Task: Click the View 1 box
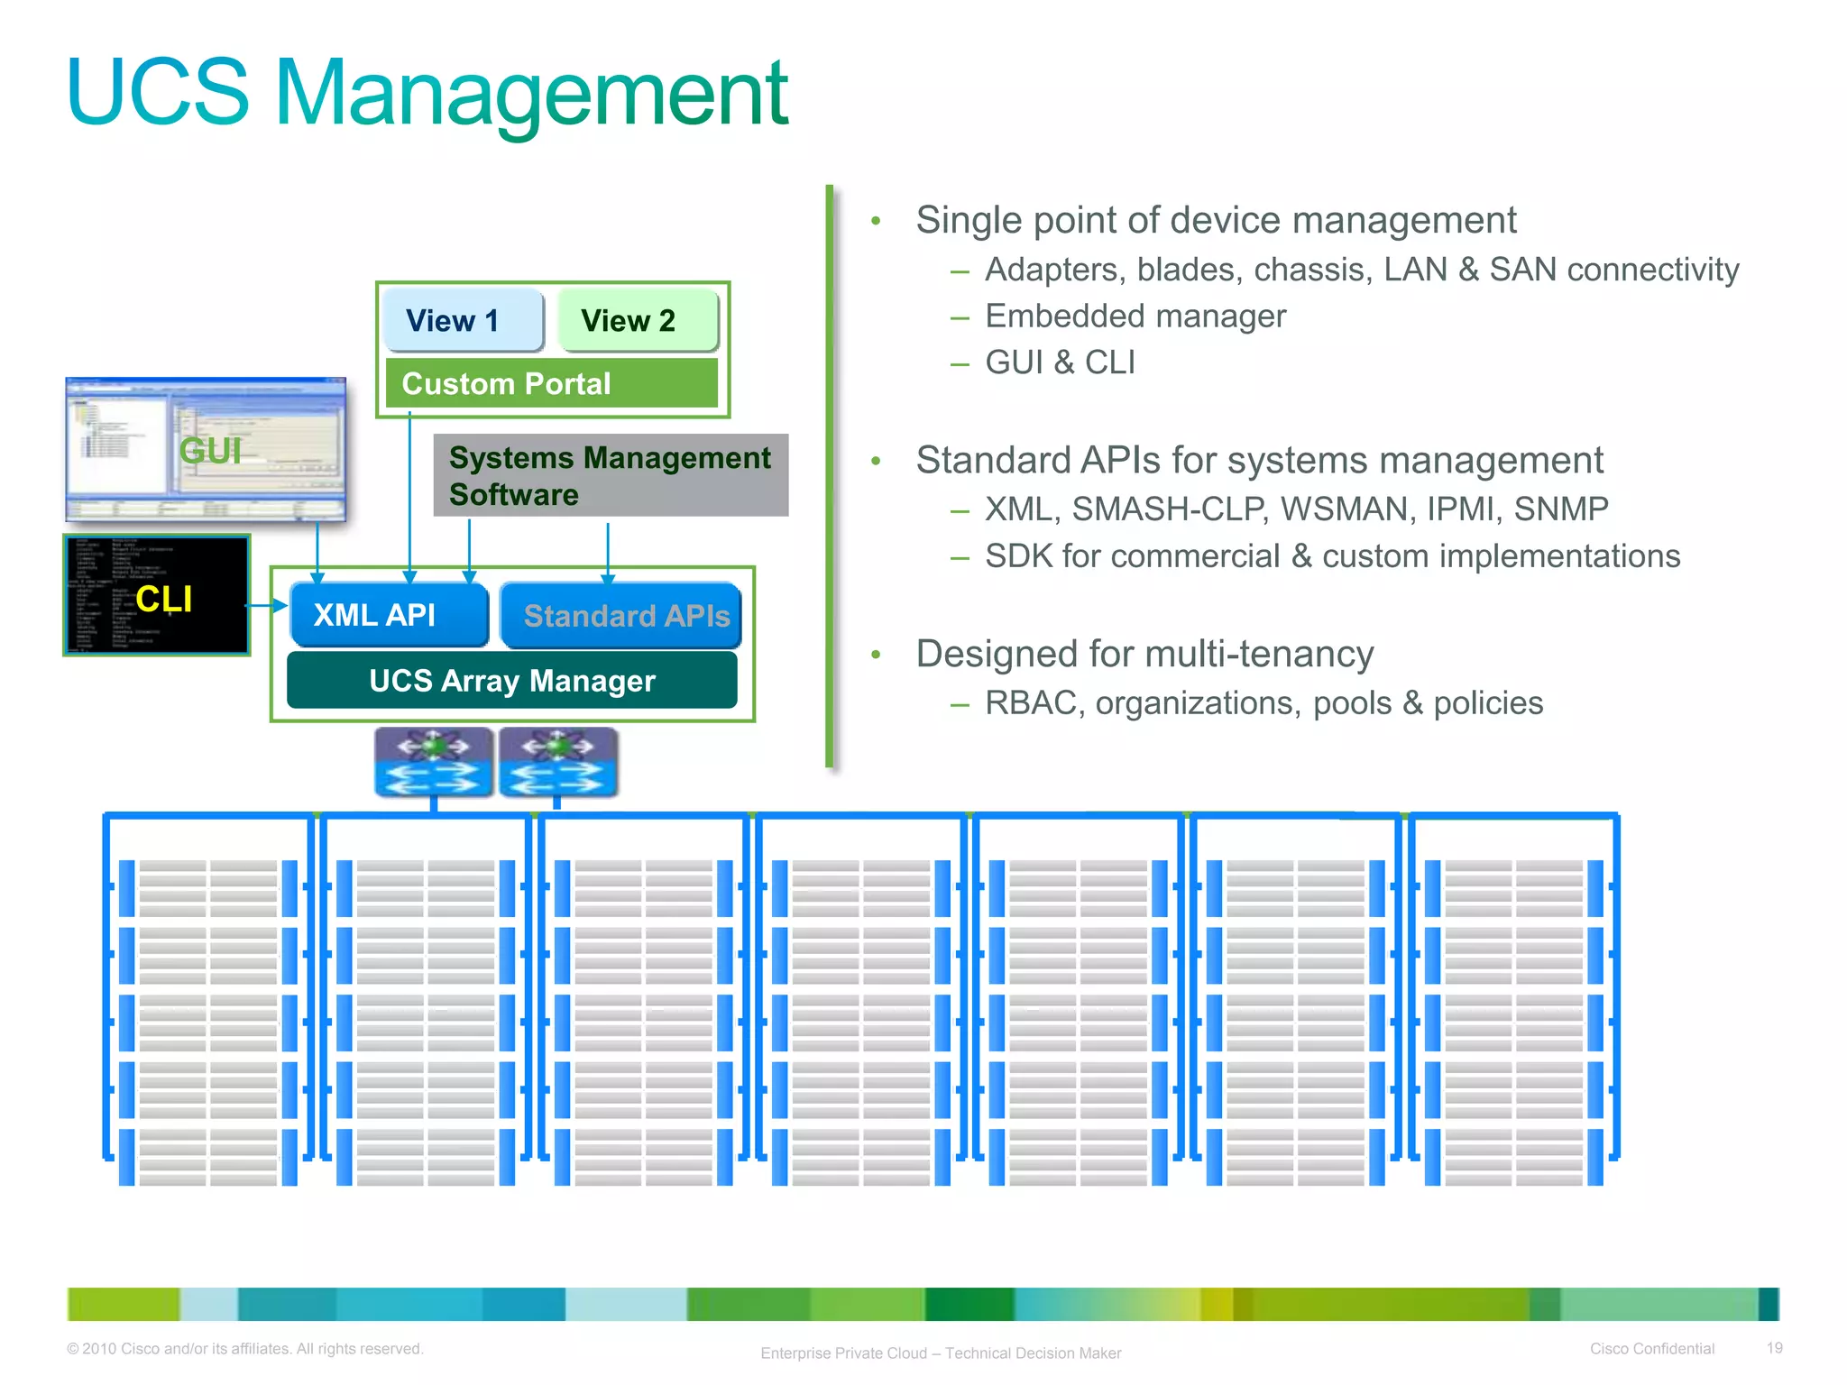(x=463, y=320)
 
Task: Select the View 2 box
(x=637, y=320)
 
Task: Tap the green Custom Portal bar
(x=551, y=383)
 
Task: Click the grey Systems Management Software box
(x=611, y=476)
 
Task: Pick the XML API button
(x=389, y=615)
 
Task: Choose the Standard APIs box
(x=621, y=616)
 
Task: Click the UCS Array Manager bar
(x=511, y=681)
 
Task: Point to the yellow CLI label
(x=164, y=599)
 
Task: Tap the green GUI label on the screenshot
(x=210, y=451)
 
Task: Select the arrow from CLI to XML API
(x=267, y=606)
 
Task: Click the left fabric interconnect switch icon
(x=434, y=763)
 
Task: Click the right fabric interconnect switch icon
(x=558, y=763)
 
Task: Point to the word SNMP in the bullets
(x=1560, y=509)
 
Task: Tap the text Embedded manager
(x=1135, y=316)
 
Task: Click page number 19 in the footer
(x=1774, y=1348)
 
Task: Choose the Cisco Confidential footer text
(x=1651, y=1349)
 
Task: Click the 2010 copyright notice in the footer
(x=244, y=1349)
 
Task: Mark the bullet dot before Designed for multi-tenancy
(x=875, y=655)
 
